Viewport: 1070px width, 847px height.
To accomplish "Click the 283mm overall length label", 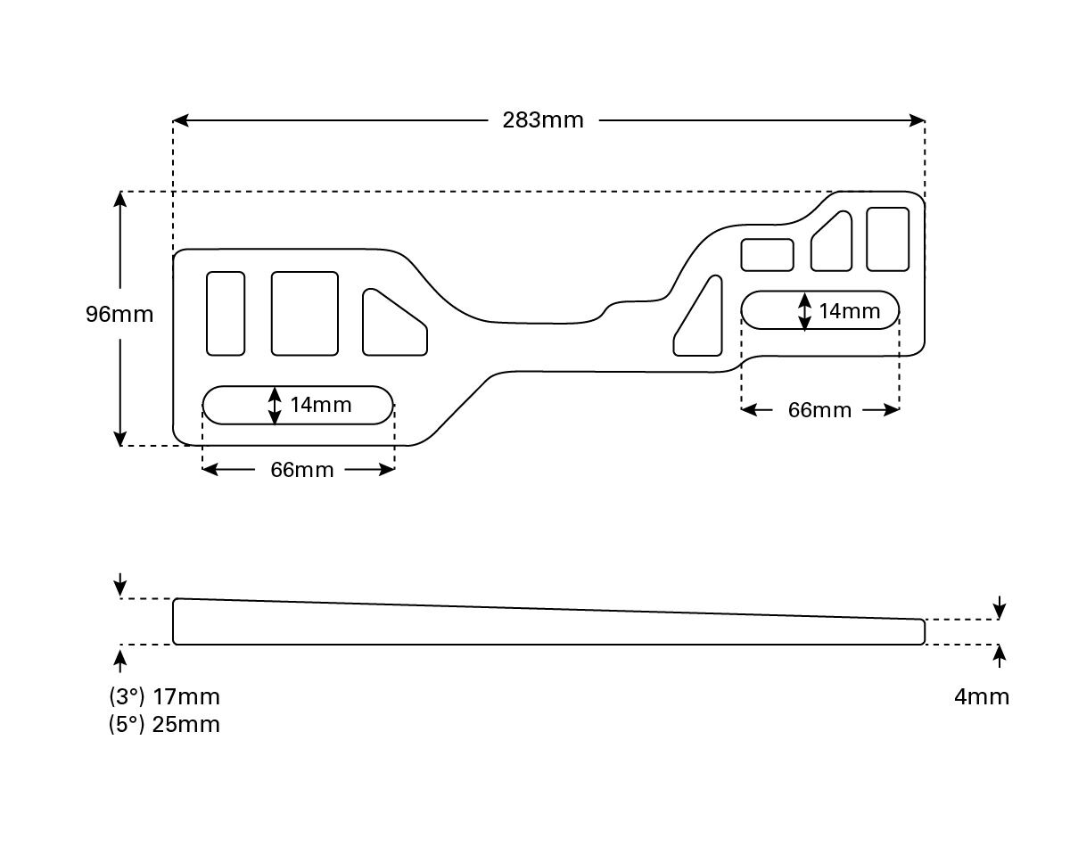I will click(x=542, y=119).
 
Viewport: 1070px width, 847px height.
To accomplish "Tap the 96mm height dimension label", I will click(x=119, y=314).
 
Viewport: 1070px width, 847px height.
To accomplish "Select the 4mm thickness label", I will click(x=982, y=696).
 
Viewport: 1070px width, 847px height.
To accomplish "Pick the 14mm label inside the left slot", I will click(x=321, y=405).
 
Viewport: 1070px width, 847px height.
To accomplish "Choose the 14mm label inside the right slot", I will click(x=849, y=311).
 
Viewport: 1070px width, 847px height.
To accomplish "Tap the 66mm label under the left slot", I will click(x=302, y=470).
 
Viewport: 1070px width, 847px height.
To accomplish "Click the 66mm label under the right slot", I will click(x=819, y=410).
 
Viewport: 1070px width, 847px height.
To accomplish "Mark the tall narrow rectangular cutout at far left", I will click(x=226, y=313).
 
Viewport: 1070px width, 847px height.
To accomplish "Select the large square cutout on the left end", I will click(x=304, y=313).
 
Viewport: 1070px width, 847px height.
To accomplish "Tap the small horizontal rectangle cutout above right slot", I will click(x=767, y=254).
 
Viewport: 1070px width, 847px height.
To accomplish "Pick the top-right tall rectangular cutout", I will click(x=887, y=238).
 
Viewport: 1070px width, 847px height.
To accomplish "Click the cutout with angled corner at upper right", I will click(x=833, y=243).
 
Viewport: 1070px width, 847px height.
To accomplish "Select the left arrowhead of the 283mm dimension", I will click(x=179, y=119).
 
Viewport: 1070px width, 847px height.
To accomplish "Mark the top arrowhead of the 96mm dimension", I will click(x=120, y=199).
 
